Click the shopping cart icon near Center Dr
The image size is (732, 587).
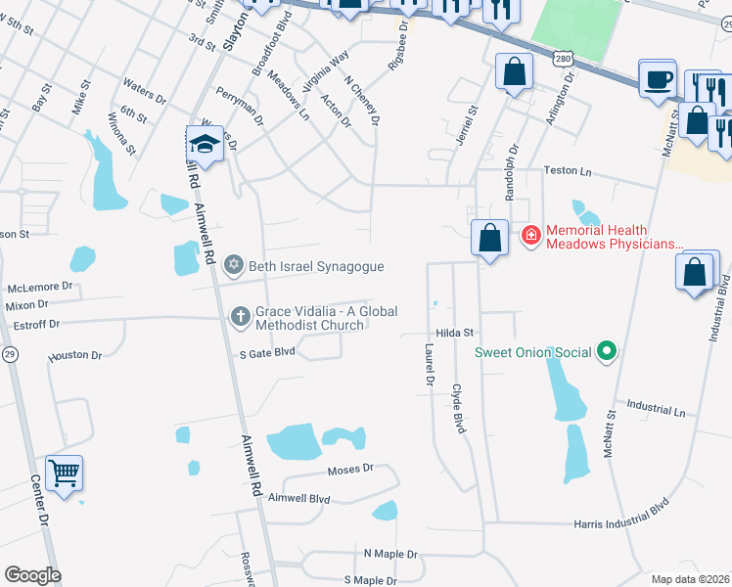pos(64,474)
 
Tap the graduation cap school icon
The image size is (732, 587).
pos(205,145)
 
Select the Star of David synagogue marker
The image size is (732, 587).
pos(234,265)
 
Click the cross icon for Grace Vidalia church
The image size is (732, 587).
pos(240,315)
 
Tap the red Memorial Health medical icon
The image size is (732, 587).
pos(530,235)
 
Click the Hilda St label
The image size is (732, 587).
pos(455,333)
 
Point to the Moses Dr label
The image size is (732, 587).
pos(351,470)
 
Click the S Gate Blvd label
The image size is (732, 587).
pos(259,351)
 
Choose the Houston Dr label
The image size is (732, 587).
pos(75,356)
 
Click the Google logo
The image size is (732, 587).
pos(32,575)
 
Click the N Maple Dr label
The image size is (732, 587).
pos(390,554)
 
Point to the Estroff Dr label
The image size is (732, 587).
pos(33,323)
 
